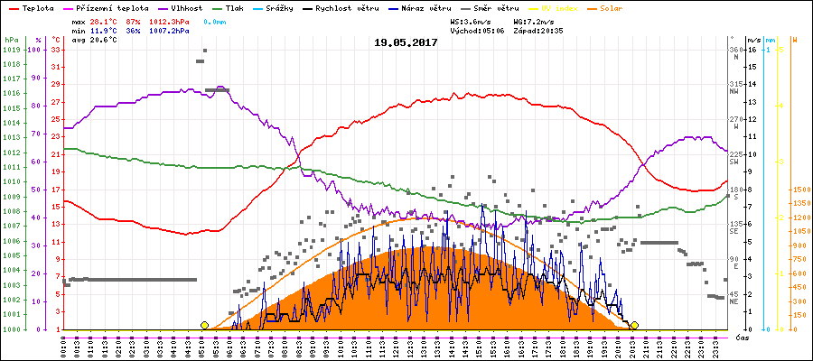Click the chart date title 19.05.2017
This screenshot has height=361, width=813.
406,42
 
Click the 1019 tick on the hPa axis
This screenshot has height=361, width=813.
11,50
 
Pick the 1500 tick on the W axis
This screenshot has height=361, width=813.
799,190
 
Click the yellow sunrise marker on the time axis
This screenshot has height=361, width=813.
205,325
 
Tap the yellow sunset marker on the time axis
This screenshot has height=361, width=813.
635,325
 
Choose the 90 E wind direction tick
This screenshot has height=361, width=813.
734,262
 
